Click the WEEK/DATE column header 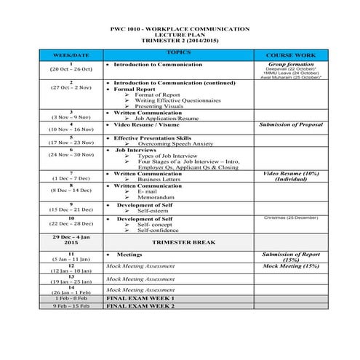(71, 55)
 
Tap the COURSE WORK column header (289, 55)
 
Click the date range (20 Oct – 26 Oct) (71, 69)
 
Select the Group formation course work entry (289, 65)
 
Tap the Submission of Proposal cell (289, 125)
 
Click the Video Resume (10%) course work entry (289, 174)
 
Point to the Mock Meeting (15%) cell (289, 267)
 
